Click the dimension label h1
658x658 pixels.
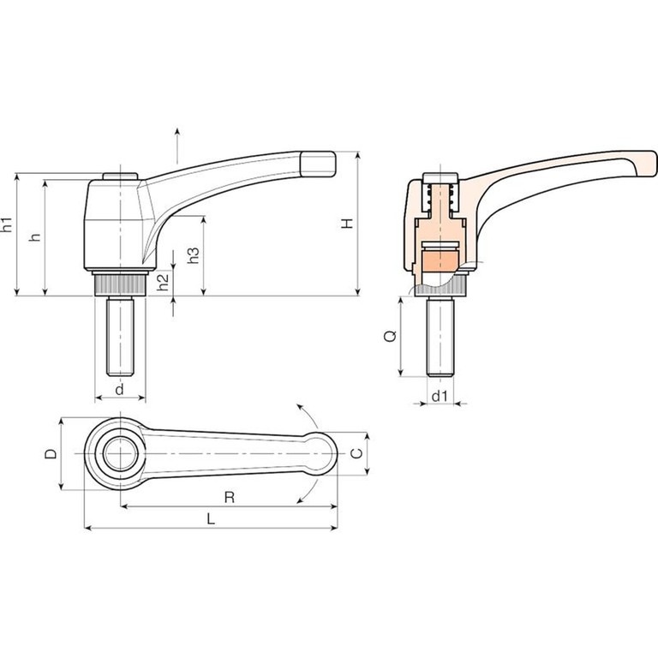tap(7, 224)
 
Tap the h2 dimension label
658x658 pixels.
tap(163, 282)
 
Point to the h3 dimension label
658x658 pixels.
tap(193, 255)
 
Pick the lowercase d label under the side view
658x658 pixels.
tap(120, 390)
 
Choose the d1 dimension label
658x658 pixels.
tap(440, 396)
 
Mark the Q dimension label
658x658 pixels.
tap(391, 336)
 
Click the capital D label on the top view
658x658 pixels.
tap(51, 453)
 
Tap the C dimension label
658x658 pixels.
tap(356, 453)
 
